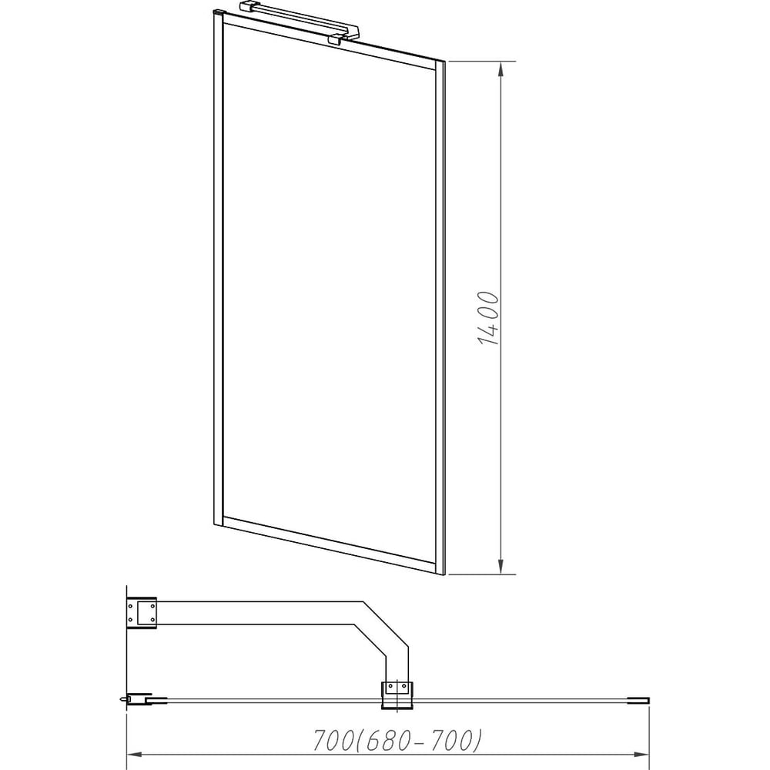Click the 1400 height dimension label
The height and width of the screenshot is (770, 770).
coord(488,318)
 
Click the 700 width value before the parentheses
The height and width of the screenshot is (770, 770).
coord(333,741)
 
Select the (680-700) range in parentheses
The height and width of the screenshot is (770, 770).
coord(418,741)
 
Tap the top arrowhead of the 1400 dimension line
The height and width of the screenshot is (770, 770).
coord(501,69)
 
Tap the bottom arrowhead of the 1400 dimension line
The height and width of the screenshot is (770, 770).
coord(501,566)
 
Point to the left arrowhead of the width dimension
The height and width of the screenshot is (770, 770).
coord(136,755)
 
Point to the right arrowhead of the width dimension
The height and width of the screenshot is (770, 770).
coord(641,755)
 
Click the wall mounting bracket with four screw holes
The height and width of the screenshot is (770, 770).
coord(142,613)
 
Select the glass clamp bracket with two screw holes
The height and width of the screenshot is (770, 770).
coord(397,695)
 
